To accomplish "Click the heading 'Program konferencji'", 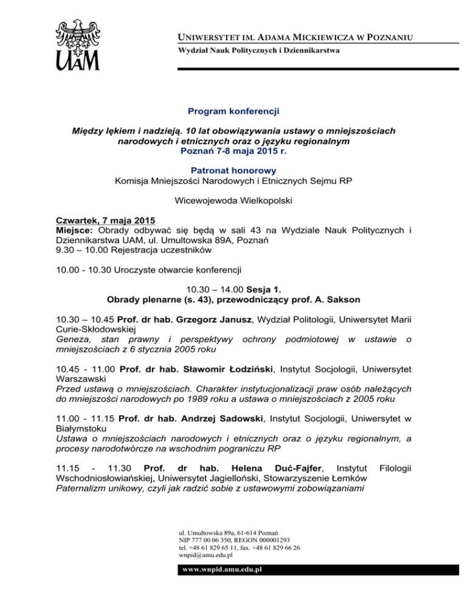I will pyautogui.click(x=233, y=111).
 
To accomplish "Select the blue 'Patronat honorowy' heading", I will pyautogui.click(x=233, y=172).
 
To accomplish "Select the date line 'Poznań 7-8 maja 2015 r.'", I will pyautogui.click(x=233, y=150).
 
